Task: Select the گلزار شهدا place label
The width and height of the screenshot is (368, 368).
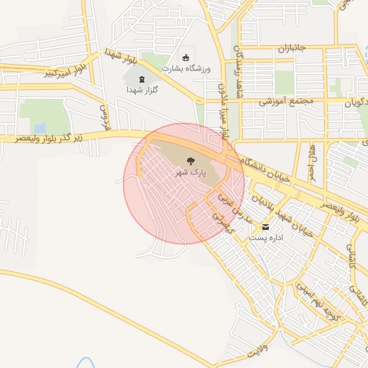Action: click(x=142, y=90)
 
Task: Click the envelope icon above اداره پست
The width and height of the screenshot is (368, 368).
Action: click(x=266, y=226)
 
